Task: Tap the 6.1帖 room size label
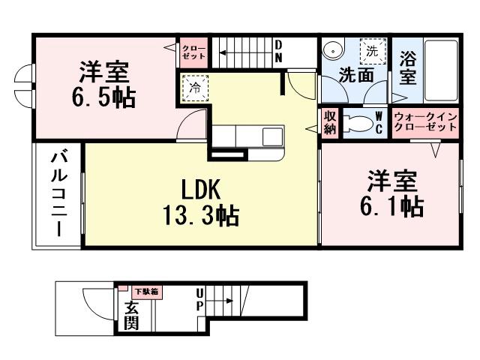pyautogui.click(x=391, y=205)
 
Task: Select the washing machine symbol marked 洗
pyautogui.click(x=371, y=52)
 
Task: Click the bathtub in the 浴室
pyautogui.click(x=438, y=71)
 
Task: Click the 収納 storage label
pyautogui.click(x=330, y=121)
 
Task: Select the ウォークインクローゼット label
pyautogui.click(x=425, y=121)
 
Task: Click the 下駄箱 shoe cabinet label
pyautogui.click(x=146, y=291)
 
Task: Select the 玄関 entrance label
pyautogui.click(x=130, y=315)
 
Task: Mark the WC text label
pyautogui.click(x=379, y=121)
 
